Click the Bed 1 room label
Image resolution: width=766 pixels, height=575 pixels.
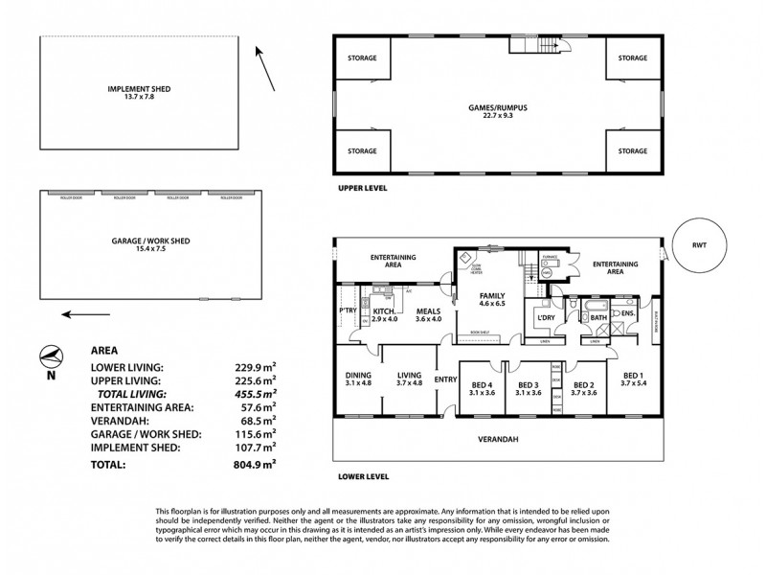point(633,379)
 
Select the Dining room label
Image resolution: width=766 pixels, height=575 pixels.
point(358,378)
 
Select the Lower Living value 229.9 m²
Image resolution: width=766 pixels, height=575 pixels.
point(255,367)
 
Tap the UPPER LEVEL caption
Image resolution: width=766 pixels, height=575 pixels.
point(363,188)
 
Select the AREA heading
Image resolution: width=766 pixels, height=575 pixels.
point(104,351)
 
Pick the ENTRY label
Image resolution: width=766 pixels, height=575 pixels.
point(445,380)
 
